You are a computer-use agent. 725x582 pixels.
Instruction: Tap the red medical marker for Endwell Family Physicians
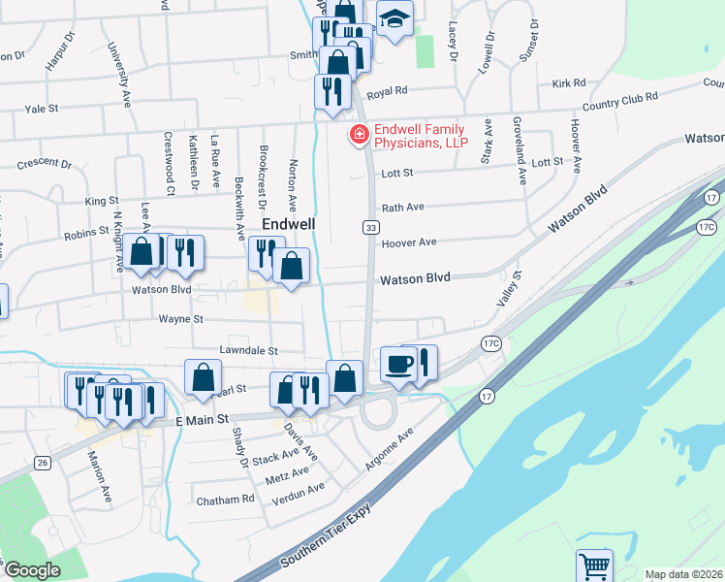[x=359, y=135]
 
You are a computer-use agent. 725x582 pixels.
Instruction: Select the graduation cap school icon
[x=394, y=19]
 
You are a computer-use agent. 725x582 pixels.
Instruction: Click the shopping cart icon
[x=594, y=565]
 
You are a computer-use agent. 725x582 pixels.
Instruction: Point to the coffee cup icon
[x=398, y=364]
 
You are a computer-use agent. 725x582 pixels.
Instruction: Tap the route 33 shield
[x=370, y=227]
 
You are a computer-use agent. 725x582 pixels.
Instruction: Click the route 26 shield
[x=43, y=463]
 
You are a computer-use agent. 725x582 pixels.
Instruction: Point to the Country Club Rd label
[x=619, y=99]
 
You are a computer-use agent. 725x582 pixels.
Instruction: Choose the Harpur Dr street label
[x=59, y=54]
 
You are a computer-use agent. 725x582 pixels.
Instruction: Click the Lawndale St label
[x=249, y=350]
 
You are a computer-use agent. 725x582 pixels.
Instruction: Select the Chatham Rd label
[x=225, y=499]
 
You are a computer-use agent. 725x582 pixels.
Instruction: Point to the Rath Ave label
[x=404, y=208]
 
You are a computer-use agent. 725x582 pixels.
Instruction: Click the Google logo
[x=33, y=570]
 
